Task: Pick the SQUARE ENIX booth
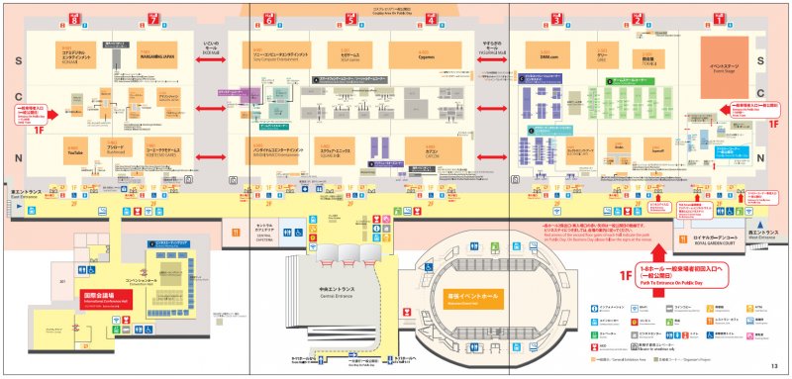click(343, 151)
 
